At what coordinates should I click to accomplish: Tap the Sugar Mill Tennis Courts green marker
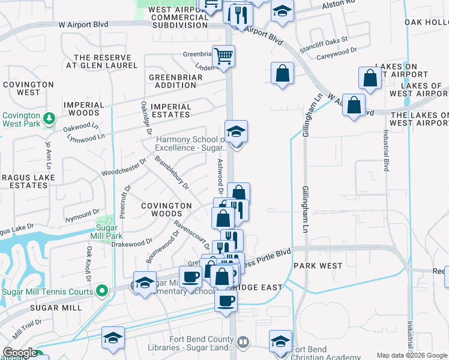pyautogui.click(x=102, y=292)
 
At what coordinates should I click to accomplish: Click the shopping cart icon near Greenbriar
pyautogui.click(x=223, y=57)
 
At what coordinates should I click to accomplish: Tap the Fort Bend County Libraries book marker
pyautogui.click(x=243, y=343)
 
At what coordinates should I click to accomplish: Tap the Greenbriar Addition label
pyautogui.click(x=172, y=81)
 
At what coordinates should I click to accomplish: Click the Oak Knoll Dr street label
pyautogui.click(x=89, y=264)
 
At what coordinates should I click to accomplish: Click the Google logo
pyautogui.click(x=20, y=353)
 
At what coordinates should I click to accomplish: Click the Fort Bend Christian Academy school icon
pyautogui.click(x=280, y=341)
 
